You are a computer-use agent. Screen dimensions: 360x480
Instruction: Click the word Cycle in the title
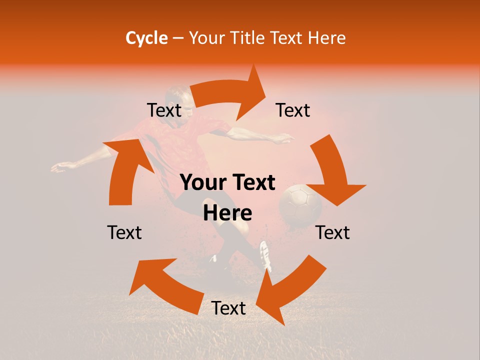(x=146, y=38)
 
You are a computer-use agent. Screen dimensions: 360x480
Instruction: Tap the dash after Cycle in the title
(x=177, y=38)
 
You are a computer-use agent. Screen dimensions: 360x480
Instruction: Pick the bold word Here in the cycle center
(x=227, y=213)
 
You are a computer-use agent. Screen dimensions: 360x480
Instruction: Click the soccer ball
(x=299, y=204)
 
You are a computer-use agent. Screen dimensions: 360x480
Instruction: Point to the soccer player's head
(x=178, y=97)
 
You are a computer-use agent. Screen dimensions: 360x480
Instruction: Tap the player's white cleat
(x=265, y=255)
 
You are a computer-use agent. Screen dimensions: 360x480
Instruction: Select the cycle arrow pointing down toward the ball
(x=334, y=172)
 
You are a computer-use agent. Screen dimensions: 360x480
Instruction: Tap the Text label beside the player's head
(x=164, y=110)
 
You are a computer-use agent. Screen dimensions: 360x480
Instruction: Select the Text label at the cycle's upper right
(x=293, y=110)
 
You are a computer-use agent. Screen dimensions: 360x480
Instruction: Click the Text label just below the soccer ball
(x=332, y=232)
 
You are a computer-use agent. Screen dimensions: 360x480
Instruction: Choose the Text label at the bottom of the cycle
(x=228, y=308)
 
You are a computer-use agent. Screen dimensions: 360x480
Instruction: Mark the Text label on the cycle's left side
(x=124, y=232)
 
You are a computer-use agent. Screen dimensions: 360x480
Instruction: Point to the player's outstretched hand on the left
(x=58, y=167)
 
